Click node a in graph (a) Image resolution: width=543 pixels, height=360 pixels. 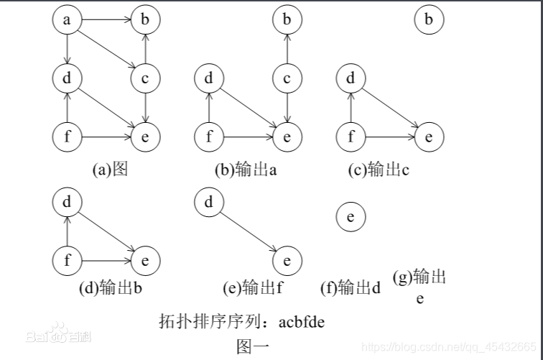pos(67,20)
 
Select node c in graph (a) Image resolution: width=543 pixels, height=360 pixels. pos(145,78)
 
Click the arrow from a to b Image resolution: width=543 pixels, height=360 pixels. pos(106,20)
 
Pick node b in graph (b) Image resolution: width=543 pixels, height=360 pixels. pos(287,20)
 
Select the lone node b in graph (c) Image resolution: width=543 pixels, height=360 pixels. pos(429,20)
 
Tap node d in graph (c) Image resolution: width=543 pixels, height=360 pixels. pos(351,78)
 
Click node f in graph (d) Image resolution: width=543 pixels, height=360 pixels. pos(67,260)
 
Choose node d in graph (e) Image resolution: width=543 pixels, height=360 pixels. pos(208,203)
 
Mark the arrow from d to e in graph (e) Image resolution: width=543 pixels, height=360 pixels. pos(247,231)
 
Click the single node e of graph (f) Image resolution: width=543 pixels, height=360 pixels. pos(351,216)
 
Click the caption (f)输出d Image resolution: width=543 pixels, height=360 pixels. pos(350,288)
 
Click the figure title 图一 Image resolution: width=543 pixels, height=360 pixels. pos(252,346)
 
